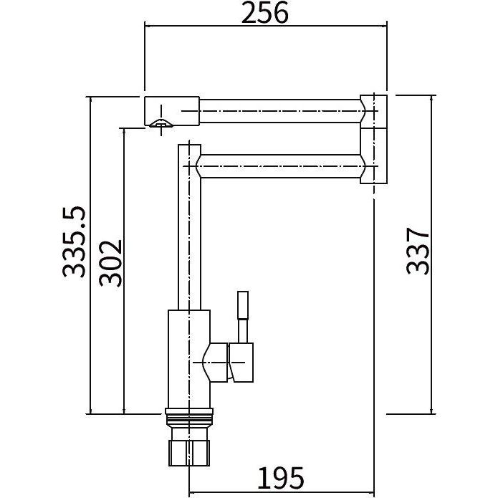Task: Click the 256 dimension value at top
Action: [265, 13]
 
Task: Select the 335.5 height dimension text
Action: [75, 241]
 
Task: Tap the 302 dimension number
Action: [110, 263]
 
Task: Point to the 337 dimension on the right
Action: [418, 251]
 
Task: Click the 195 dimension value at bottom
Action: [280, 478]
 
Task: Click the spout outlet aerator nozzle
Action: [161, 124]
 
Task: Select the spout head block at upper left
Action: [172, 111]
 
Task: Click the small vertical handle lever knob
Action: [244, 305]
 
